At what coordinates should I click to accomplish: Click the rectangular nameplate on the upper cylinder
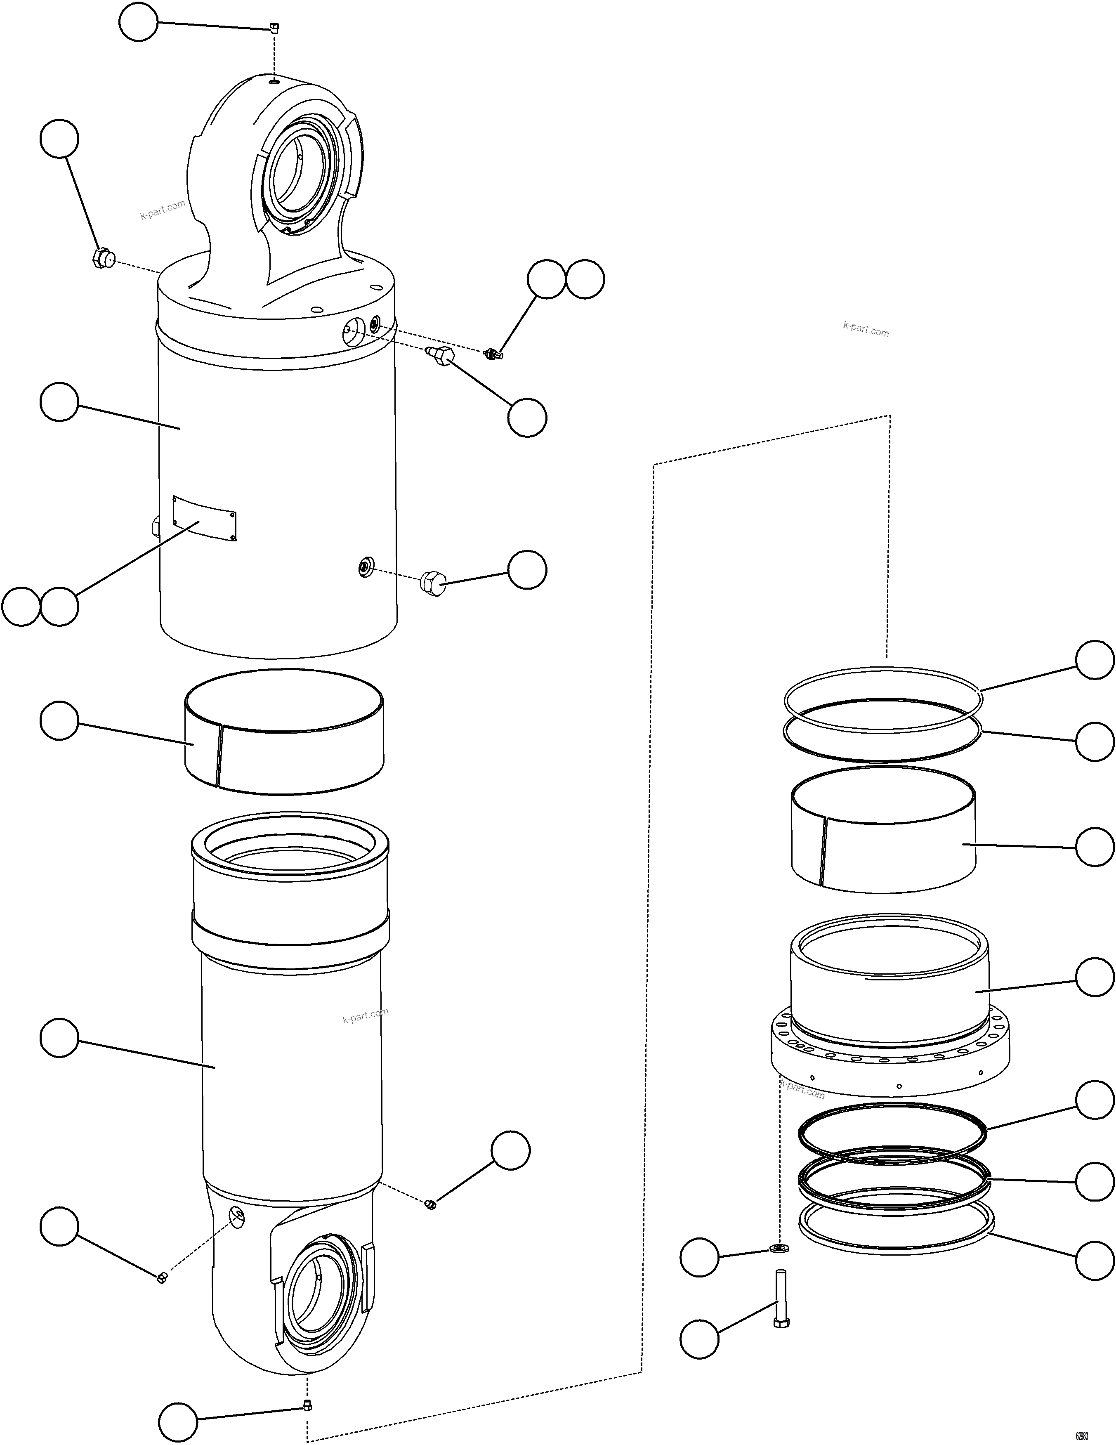pyautogui.click(x=204, y=517)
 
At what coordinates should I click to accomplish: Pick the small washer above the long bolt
pyautogui.click(x=779, y=1248)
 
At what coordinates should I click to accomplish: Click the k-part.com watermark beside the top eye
pyautogui.click(x=163, y=210)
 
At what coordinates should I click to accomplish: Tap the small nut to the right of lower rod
pyautogui.click(x=430, y=1204)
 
